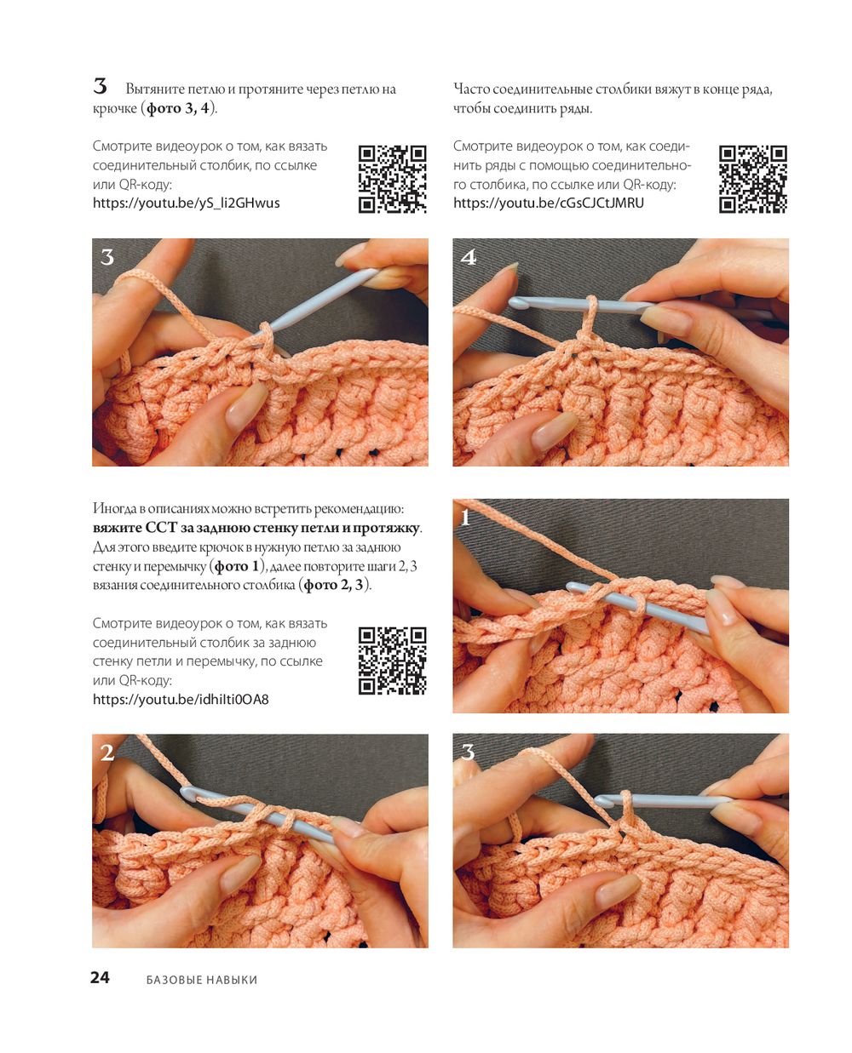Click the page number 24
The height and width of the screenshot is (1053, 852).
(x=100, y=977)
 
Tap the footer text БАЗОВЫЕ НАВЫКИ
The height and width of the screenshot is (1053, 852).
(x=201, y=979)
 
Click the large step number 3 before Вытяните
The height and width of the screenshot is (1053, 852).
(x=100, y=86)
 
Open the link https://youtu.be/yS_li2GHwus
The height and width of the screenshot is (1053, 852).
(x=186, y=203)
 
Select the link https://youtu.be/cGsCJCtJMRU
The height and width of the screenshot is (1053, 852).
(x=548, y=203)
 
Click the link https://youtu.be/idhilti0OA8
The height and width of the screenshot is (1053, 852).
(x=181, y=699)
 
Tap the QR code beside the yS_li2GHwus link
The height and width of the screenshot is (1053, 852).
(x=393, y=179)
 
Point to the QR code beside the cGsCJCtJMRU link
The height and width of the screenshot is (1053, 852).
(x=752, y=179)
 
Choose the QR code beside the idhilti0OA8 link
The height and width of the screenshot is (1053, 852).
(x=393, y=661)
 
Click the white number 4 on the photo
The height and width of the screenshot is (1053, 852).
(x=468, y=257)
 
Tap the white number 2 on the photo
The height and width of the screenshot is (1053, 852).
(x=106, y=753)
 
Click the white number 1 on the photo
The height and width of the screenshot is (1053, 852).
(x=464, y=517)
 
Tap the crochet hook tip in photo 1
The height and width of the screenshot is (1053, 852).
(x=573, y=587)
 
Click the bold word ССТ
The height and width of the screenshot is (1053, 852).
(x=161, y=528)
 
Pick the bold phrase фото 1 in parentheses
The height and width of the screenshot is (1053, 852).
(x=236, y=565)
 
